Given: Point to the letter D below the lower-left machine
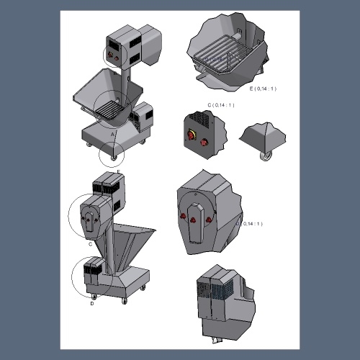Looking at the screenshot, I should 92,303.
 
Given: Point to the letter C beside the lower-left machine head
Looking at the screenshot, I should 90,243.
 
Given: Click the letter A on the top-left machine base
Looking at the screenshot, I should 112,134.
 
